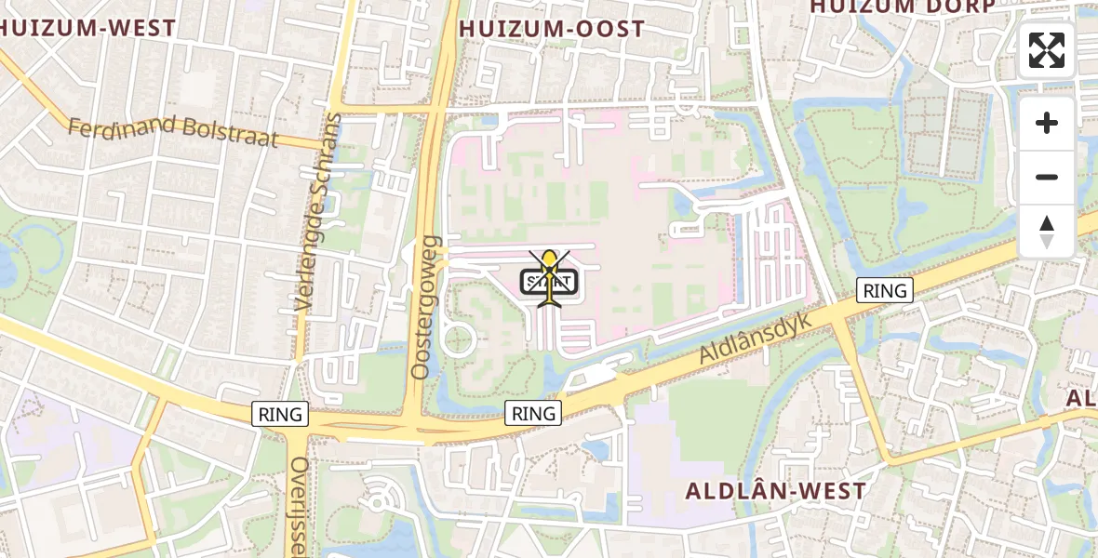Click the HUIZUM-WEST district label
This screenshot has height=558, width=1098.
(x=88, y=28)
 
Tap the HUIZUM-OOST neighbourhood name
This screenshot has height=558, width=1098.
(x=552, y=29)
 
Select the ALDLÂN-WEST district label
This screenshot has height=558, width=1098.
(x=776, y=491)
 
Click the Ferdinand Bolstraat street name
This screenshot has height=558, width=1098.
(x=173, y=131)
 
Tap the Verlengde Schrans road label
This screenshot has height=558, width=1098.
(x=318, y=213)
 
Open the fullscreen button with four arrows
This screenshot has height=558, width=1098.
(x=1047, y=50)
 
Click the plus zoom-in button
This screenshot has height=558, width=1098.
(x=1047, y=123)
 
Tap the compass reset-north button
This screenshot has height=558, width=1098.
(x=1047, y=232)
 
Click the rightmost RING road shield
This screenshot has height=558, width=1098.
(x=885, y=290)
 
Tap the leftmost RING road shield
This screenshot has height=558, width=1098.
(x=281, y=414)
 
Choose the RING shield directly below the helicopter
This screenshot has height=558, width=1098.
(x=533, y=413)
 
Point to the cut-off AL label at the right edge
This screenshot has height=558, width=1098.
(x=1083, y=398)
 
